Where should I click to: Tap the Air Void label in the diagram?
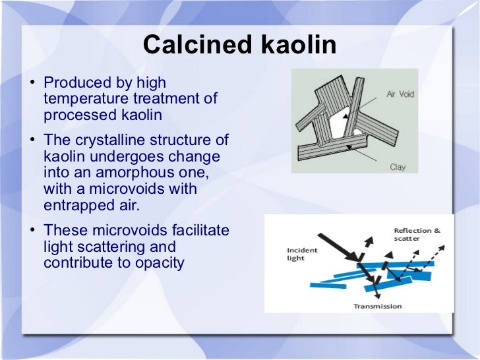[400, 94]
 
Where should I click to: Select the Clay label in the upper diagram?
[398, 167]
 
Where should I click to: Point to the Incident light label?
[302, 254]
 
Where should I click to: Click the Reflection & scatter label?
[417, 234]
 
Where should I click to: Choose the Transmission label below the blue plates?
[377, 306]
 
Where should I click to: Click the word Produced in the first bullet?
[72, 84]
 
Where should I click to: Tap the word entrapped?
[73, 205]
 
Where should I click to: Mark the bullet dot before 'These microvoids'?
[33, 231]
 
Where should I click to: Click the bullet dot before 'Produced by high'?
[33, 84]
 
